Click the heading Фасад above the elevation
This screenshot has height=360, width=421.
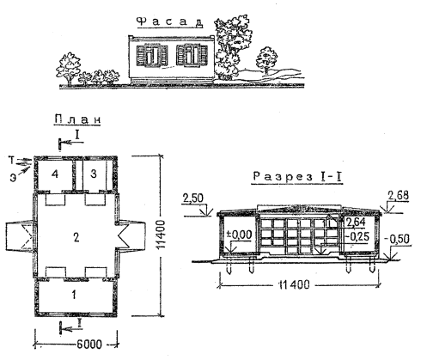coord(171,22)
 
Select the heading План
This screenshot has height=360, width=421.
coord(77,119)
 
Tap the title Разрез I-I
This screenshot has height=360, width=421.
coord(297,177)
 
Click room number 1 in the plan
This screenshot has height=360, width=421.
coord(74,295)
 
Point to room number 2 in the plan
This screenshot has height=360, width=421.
coord(76,237)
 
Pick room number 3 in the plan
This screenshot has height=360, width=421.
coord(94,174)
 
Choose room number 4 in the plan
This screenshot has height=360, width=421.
coord(55,174)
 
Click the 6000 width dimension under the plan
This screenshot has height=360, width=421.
coord(89,344)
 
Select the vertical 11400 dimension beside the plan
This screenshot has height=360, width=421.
coord(161,235)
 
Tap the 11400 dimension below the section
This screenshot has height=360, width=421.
coord(294,285)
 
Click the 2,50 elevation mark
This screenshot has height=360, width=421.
coord(193,198)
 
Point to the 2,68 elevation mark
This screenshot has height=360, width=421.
coord(399,196)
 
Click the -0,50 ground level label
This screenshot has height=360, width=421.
coord(399,239)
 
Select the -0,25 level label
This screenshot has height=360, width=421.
coord(357,236)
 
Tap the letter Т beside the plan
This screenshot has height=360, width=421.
coord(11,161)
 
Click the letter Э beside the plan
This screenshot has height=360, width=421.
coord(13,178)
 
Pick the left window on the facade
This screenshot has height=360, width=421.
coord(152,55)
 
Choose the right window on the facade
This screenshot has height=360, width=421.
coord(192,55)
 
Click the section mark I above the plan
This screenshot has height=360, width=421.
coord(77,135)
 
